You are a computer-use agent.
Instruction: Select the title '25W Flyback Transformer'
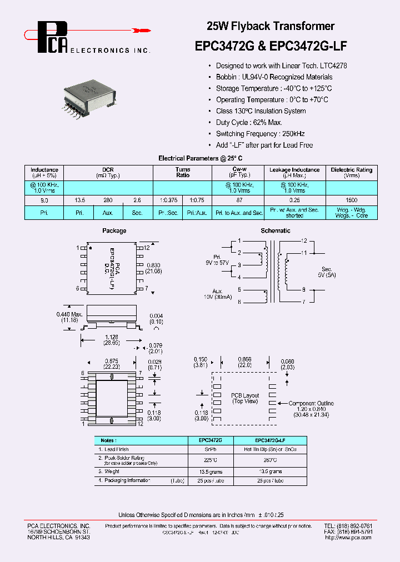tap(271, 26)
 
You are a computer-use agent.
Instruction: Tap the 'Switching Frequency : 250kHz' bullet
tap(260, 134)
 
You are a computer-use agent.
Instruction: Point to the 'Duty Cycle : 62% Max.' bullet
tap(249, 122)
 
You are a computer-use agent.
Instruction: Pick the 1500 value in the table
tap(351, 200)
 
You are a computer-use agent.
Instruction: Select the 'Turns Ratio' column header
tap(183, 172)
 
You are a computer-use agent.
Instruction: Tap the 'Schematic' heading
tap(276, 230)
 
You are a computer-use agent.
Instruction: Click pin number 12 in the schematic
tap(304, 241)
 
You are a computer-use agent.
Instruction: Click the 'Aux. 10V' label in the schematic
tap(217, 294)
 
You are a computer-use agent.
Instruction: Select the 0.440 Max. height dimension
tap(69, 318)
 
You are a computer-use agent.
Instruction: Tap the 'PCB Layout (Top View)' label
tap(245, 398)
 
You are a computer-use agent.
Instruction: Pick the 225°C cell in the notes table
tap(211, 460)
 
